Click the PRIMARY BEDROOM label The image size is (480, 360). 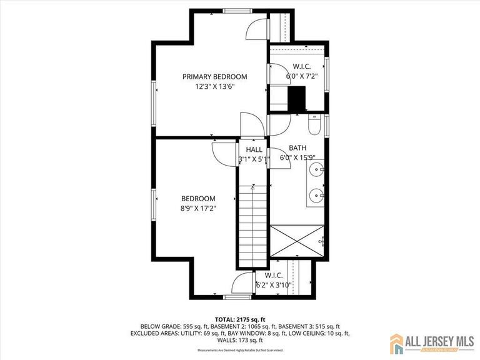(214, 77)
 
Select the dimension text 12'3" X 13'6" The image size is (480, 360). (214, 87)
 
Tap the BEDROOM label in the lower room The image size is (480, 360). (198, 199)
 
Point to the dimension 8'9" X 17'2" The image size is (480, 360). (198, 209)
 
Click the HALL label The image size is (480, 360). (254, 150)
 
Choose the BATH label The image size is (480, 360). (297, 148)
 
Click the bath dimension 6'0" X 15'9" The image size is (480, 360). (297, 158)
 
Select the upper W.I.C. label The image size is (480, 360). (302, 67)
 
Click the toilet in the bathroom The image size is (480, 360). (316, 126)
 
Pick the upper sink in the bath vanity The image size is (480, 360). (317, 169)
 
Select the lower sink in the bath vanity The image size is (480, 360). (317, 196)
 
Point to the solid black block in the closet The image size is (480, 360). (296, 99)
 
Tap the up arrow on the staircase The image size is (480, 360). (252, 187)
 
